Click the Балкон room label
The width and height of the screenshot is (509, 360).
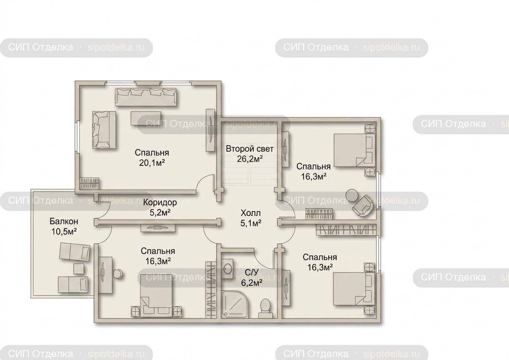tap(64, 221)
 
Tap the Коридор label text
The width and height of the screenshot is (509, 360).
tap(160, 202)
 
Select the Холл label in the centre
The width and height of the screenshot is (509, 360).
tap(251, 213)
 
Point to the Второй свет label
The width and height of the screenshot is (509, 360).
tap(250, 149)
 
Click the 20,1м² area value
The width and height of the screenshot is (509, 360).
tap(152, 163)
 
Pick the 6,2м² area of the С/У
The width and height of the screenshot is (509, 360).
tap(251, 283)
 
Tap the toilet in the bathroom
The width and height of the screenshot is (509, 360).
tap(265, 309)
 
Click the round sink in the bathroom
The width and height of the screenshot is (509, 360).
tap(227, 269)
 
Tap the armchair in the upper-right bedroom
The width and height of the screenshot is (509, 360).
tap(363, 206)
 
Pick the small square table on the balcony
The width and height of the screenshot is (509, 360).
tap(79, 269)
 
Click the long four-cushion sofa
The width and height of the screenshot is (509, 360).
tap(146, 97)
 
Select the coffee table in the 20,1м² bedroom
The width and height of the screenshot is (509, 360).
tap(146, 118)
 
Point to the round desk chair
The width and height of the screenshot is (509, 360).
tap(118, 274)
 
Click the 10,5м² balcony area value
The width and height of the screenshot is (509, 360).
tap(64, 232)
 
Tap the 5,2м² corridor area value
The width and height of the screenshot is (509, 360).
tap(160, 212)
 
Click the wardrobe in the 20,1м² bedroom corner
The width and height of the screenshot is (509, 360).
tap(90, 183)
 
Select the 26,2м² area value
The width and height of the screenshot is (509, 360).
tap(250, 159)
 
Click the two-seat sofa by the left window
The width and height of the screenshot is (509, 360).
tap(104, 130)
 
